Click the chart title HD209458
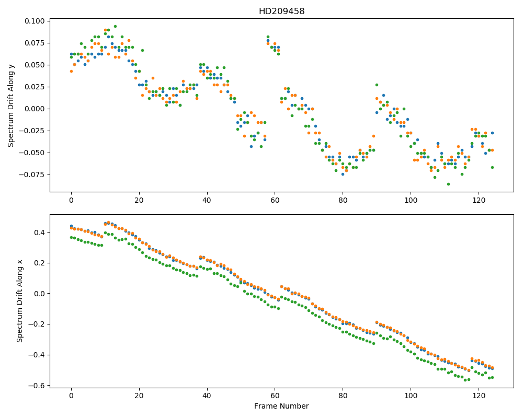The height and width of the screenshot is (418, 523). tap(281, 11)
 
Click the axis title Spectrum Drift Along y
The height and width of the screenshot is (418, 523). tap(11, 106)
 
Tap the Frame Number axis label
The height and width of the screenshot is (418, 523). tap(281, 406)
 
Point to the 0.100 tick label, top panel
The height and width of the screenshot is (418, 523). tap(35, 21)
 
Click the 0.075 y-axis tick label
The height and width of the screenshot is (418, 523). tap(35, 43)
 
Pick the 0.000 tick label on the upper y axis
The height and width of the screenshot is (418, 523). tap(35, 109)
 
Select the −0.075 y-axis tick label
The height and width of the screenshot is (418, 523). tap(32, 175)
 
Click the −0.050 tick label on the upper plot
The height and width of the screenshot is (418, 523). tap(32, 153)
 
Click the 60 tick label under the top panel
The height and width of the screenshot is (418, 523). tap(275, 200)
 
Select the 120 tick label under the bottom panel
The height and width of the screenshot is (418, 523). tap(479, 396)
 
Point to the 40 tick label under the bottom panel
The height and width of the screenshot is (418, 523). tap(207, 396)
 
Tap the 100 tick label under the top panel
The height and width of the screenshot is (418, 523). tap(411, 200)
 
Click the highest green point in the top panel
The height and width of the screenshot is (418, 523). tap(115, 26)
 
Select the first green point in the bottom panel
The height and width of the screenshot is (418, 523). tap(71, 237)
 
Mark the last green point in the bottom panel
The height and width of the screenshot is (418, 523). tap(492, 377)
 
